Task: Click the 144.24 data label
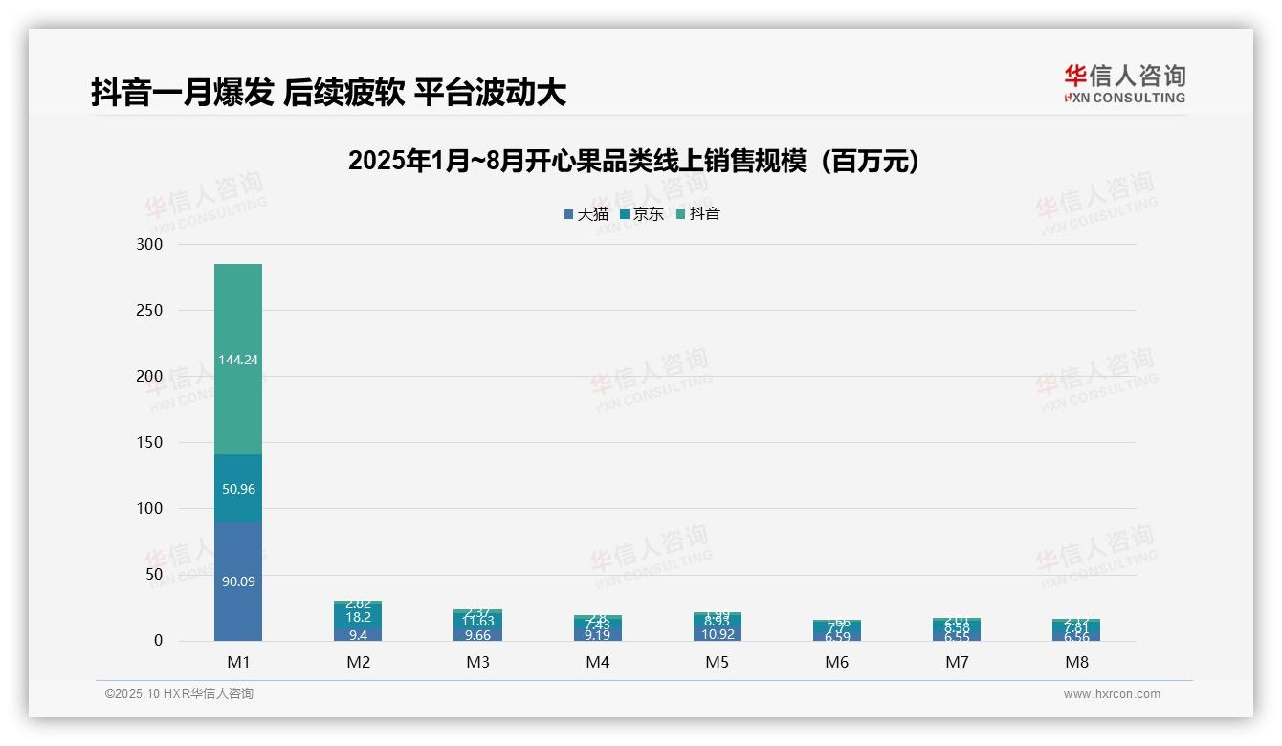tap(238, 360)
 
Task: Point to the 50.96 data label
tap(238, 489)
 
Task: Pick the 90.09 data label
tap(238, 581)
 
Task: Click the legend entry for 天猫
tap(586, 214)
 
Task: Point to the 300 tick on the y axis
tap(150, 245)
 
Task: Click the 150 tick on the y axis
tap(150, 443)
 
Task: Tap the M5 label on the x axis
tap(718, 662)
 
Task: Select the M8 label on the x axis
tap(1076, 662)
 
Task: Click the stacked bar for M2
tap(358, 622)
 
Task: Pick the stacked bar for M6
tap(837, 630)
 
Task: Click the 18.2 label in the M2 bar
tap(358, 617)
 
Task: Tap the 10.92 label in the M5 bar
tap(718, 633)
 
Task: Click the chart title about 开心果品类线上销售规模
tap(633, 161)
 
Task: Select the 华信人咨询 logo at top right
tap(1124, 83)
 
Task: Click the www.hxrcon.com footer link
tap(1112, 694)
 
